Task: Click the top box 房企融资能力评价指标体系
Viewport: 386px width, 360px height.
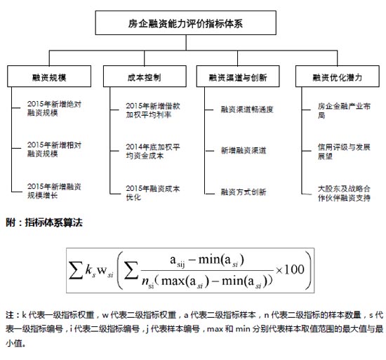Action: (x=185, y=22)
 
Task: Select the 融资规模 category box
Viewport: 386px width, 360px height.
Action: (x=49, y=76)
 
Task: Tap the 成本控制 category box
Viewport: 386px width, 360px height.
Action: (x=145, y=76)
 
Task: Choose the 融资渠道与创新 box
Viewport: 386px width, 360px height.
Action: (x=238, y=76)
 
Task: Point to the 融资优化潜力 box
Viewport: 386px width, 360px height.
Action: (x=338, y=76)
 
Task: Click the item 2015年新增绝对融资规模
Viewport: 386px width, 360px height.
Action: (x=54, y=109)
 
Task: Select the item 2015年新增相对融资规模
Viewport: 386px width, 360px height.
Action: (x=54, y=149)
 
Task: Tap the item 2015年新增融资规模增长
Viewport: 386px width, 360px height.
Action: (x=54, y=191)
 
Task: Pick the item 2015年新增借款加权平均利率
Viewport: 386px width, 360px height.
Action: (x=153, y=110)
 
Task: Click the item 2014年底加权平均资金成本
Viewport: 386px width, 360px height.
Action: (x=153, y=151)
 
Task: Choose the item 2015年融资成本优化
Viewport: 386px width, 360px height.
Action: (x=153, y=193)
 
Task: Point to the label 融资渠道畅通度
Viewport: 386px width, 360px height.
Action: (x=247, y=109)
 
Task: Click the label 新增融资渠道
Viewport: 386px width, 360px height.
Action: (x=244, y=150)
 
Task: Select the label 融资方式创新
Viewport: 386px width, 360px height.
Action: (x=244, y=192)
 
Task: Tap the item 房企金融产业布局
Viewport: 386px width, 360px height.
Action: (x=344, y=110)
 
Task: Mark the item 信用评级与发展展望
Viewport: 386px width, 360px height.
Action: (x=344, y=152)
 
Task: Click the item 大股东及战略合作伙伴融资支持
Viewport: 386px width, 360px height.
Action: (x=344, y=193)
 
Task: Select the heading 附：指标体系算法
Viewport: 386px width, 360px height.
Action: (x=44, y=222)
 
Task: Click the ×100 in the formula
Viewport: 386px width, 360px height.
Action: (x=290, y=269)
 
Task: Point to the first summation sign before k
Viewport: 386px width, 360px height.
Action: (x=76, y=270)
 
